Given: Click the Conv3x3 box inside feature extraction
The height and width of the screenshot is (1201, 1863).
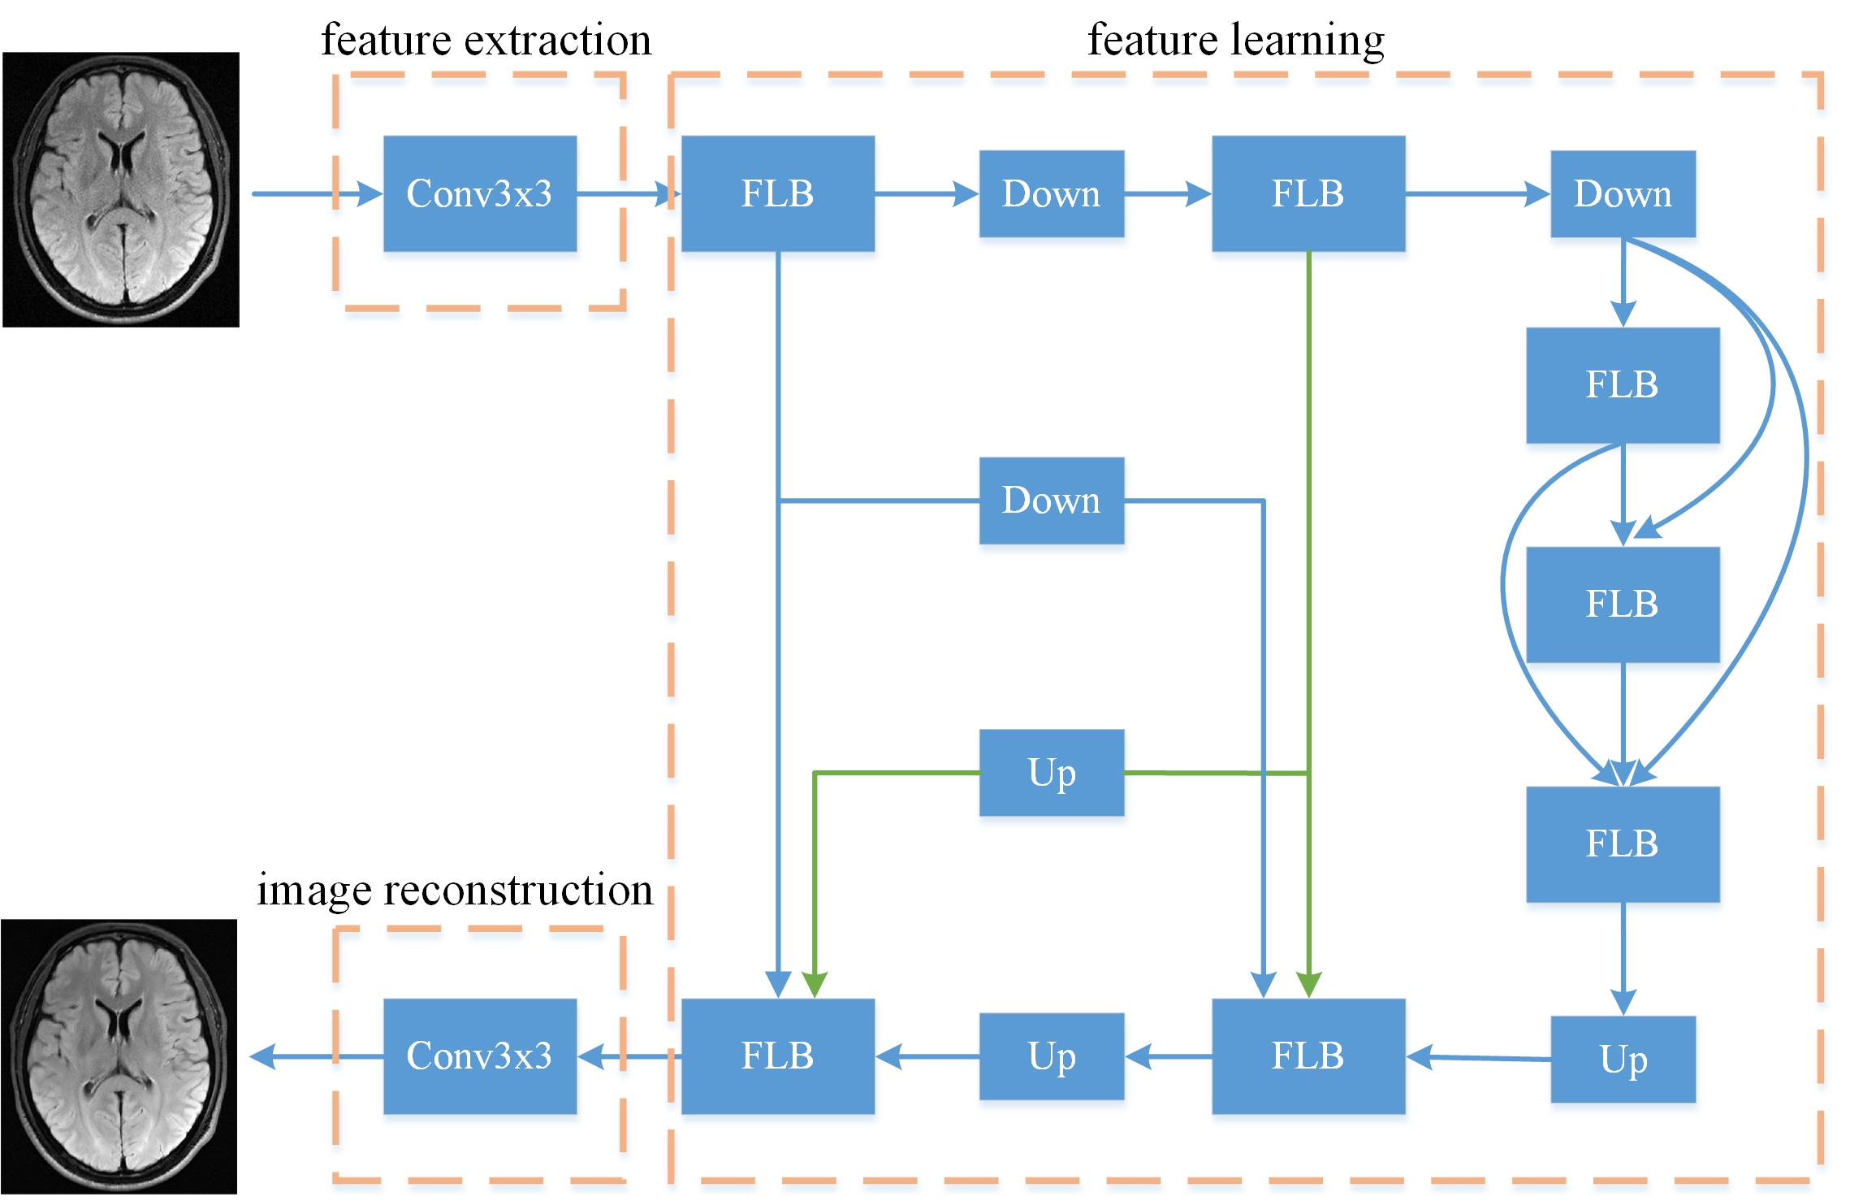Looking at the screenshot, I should pyautogui.click(x=480, y=193).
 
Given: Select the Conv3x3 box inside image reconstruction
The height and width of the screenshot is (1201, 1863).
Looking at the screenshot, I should pyautogui.click(x=480, y=1056).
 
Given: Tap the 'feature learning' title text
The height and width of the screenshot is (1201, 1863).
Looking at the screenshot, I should pyautogui.click(x=1235, y=40).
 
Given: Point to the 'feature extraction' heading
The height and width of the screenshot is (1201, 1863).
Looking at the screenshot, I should pyautogui.click(x=486, y=40).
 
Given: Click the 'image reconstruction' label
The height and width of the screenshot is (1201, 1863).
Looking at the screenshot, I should pyautogui.click(x=455, y=890).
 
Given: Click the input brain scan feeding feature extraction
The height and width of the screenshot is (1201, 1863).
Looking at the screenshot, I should pyautogui.click(x=121, y=189).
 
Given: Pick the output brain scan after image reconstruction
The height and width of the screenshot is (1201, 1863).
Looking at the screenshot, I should pyautogui.click(x=119, y=1056).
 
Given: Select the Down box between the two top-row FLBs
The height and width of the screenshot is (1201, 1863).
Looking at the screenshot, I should pyautogui.click(x=1052, y=193).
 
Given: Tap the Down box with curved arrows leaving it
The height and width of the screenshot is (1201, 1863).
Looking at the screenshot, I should pyautogui.click(x=1623, y=193).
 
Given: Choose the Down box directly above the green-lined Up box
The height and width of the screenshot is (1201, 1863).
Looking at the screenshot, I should pyautogui.click(x=1052, y=501).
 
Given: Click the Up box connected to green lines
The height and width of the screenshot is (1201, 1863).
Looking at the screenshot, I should pyautogui.click(x=1052, y=773).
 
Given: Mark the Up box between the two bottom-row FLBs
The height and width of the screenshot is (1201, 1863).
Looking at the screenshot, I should pyautogui.click(x=1052, y=1056).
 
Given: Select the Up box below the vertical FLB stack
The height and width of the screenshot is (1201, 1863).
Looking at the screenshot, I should pyautogui.click(x=1623, y=1059).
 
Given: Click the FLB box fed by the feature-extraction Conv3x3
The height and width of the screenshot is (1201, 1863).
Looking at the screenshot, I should pyautogui.click(x=778, y=193).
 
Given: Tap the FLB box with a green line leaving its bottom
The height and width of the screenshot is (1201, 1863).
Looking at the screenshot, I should pyautogui.click(x=1308, y=193).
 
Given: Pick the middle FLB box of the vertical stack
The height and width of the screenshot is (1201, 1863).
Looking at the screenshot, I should pyautogui.click(x=1623, y=605).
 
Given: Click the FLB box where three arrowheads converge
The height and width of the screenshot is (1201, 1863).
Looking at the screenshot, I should pyautogui.click(x=1623, y=843).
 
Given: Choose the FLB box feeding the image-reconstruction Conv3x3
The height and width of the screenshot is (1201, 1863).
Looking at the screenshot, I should pyautogui.click(x=778, y=1056).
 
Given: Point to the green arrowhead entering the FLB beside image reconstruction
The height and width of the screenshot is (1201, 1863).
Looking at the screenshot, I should pyautogui.click(x=815, y=985).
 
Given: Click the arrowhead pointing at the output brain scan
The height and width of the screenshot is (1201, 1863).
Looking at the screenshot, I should pyautogui.click(x=262, y=1056).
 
